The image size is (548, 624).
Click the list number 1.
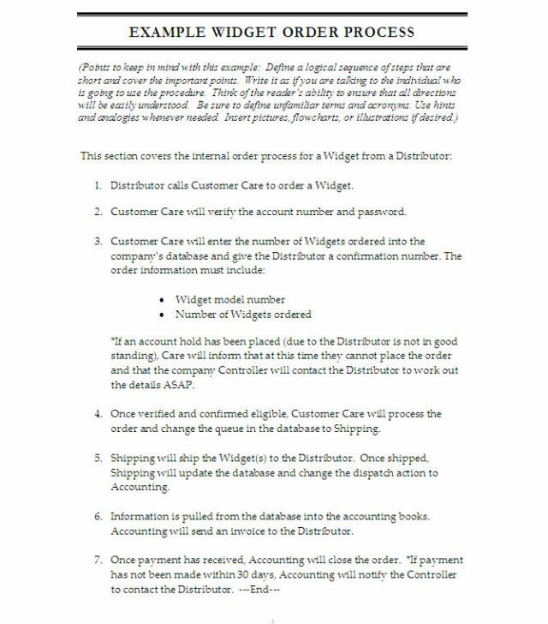click(98, 185)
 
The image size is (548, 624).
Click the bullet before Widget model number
click(163, 300)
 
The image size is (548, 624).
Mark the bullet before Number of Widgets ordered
click(163, 315)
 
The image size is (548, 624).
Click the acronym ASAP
click(178, 385)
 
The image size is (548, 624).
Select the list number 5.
click(98, 459)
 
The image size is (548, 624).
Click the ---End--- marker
click(260, 590)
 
